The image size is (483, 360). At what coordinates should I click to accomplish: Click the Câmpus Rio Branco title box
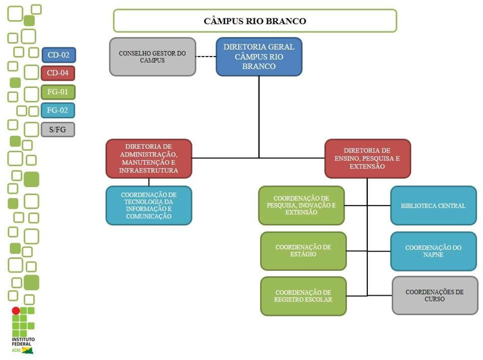click(x=255, y=21)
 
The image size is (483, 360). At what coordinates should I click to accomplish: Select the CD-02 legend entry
click(x=58, y=55)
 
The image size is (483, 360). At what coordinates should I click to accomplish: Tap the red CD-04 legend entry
click(x=58, y=74)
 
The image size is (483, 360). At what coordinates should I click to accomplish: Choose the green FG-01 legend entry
click(x=58, y=92)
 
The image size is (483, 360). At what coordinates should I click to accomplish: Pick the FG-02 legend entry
click(x=58, y=111)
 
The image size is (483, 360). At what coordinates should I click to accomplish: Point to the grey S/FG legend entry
click(x=58, y=129)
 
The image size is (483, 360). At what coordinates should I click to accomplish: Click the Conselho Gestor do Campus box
click(x=153, y=57)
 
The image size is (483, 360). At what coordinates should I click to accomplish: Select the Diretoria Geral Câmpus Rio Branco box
click(x=258, y=57)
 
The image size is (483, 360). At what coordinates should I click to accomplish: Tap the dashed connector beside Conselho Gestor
click(x=206, y=57)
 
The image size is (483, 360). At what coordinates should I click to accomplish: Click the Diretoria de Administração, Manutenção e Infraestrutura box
click(x=149, y=159)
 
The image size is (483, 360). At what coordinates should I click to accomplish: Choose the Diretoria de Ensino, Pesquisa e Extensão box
click(x=367, y=159)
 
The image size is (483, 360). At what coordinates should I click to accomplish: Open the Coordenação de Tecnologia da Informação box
click(x=149, y=206)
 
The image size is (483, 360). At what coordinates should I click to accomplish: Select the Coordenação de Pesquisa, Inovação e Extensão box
click(x=301, y=206)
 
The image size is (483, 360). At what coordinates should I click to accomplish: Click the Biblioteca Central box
click(x=433, y=206)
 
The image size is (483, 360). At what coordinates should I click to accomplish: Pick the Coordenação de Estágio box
click(x=303, y=251)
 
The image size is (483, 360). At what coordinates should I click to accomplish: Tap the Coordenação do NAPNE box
click(x=433, y=251)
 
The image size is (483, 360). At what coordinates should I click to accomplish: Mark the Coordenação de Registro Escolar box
click(x=303, y=296)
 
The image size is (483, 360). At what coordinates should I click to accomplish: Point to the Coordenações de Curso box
click(x=434, y=295)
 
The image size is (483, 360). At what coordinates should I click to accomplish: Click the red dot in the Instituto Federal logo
click(x=16, y=310)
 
